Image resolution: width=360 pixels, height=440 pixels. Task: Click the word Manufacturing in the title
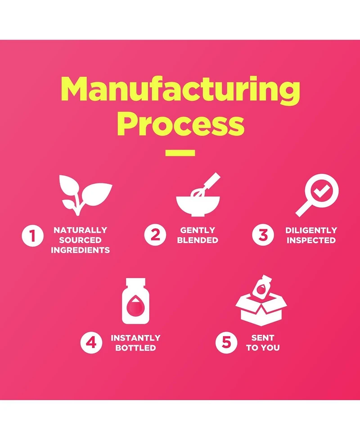pyautogui.click(x=180, y=89)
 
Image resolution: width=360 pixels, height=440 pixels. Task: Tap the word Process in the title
pyautogui.click(x=180, y=124)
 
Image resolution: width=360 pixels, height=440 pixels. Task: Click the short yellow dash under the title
pyautogui.click(x=180, y=153)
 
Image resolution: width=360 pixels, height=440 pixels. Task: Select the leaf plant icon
pyautogui.click(x=85, y=195)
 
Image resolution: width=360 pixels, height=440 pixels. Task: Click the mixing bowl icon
pyautogui.click(x=198, y=205)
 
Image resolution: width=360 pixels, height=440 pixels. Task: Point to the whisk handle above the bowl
pyautogui.click(x=212, y=180)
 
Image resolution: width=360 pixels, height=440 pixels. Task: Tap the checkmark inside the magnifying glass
pyautogui.click(x=322, y=191)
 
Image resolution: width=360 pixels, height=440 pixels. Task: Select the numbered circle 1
pyautogui.click(x=33, y=236)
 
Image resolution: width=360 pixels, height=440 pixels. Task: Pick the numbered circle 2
pyautogui.click(x=155, y=235)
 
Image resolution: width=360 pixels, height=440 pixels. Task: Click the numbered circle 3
pyautogui.click(x=263, y=235)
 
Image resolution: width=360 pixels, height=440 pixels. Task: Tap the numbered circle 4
pyautogui.click(x=91, y=343)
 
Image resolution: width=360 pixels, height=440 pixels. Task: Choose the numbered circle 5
pyautogui.click(x=226, y=343)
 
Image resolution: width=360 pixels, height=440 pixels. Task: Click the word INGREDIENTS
pyautogui.click(x=80, y=250)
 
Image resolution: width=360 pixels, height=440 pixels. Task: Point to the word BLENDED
pyautogui.click(x=198, y=240)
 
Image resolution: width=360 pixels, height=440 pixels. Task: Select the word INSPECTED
pyautogui.click(x=311, y=240)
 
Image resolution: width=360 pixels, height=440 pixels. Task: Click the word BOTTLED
pyautogui.click(x=136, y=348)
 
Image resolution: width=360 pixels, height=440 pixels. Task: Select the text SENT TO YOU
pyautogui.click(x=263, y=343)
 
